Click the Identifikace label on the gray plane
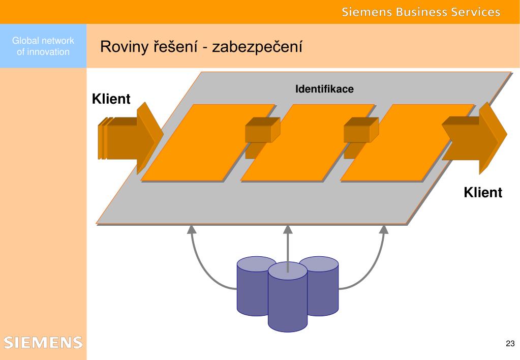[324, 89]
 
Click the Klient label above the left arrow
[111, 99]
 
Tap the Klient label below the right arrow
[482, 193]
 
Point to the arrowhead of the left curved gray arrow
[192, 229]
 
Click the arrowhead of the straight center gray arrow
[288, 229]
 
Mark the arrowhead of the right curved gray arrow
[384, 229]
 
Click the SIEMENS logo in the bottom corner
[43, 342]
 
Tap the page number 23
[510, 343]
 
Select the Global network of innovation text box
[43, 46]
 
